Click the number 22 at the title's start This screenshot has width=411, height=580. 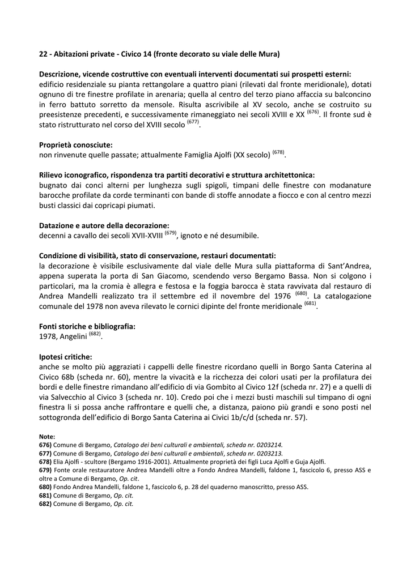pyautogui.click(x=43, y=55)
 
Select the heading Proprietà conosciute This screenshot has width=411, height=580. pyautogui.click(x=75, y=145)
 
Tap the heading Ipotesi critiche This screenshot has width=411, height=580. pyautogui.click(x=65, y=357)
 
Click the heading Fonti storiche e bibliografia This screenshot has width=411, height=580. pyautogui.click(x=87, y=327)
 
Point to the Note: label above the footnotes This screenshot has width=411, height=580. pyautogui.click(x=47, y=437)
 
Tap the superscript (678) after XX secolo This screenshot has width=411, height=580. pyautogui.click(x=278, y=152)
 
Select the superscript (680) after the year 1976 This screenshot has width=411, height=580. pyautogui.click(x=301, y=293)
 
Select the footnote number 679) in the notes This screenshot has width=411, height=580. pyautogui.click(x=45, y=470)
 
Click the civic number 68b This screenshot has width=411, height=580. pyautogui.click(x=66, y=377)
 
